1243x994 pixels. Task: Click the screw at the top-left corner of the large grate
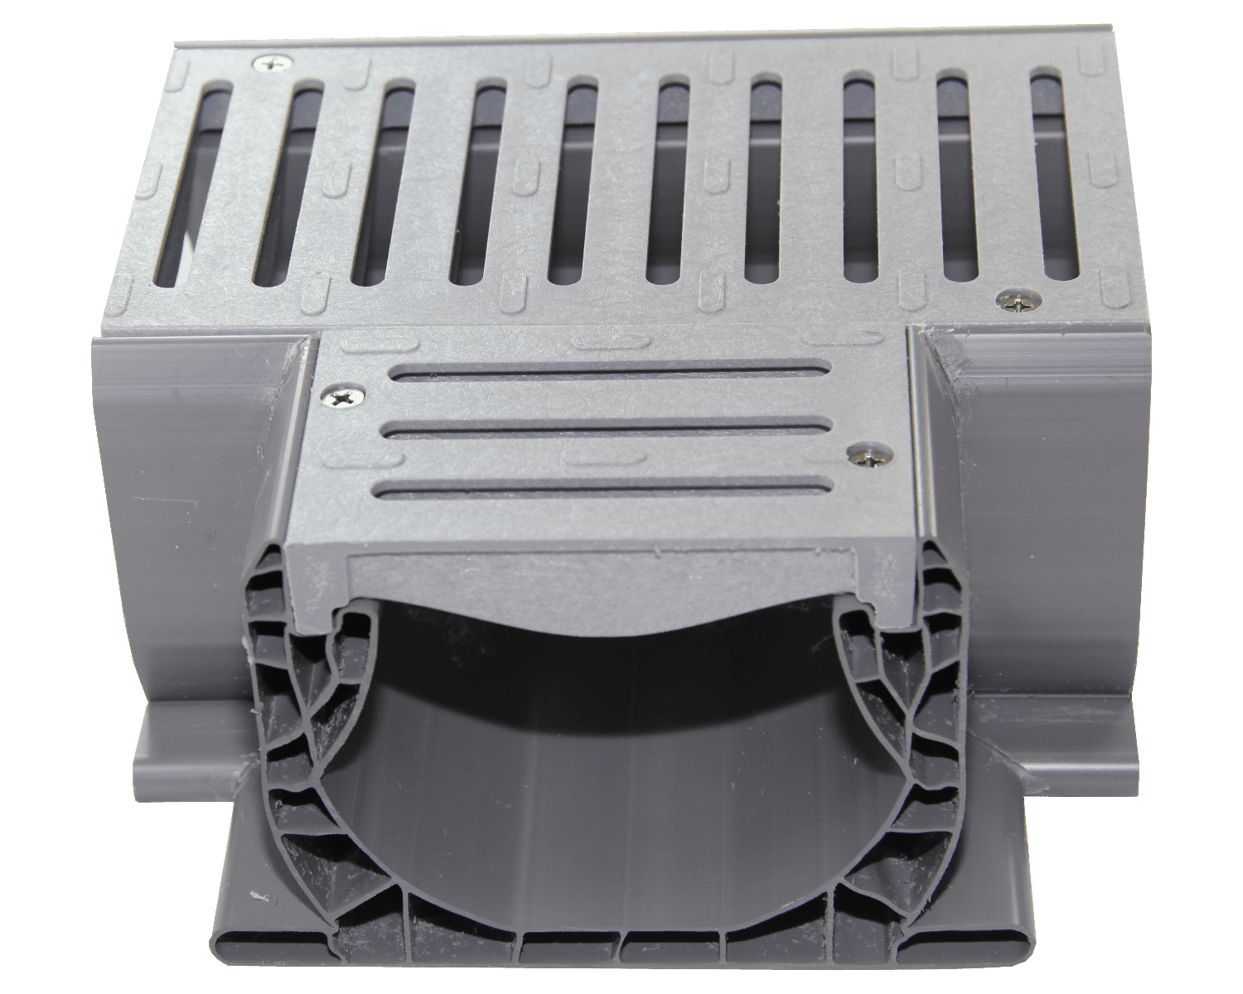(x=272, y=62)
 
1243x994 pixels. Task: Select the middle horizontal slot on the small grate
(x=609, y=429)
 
